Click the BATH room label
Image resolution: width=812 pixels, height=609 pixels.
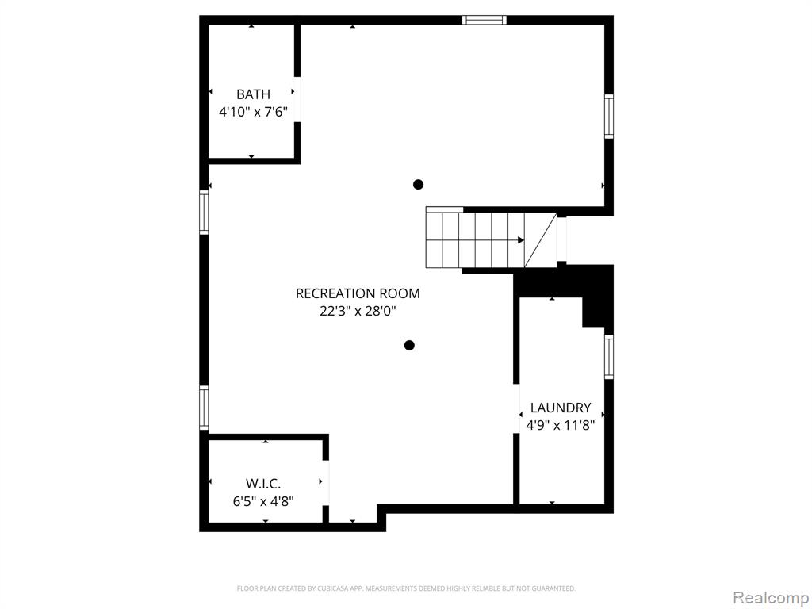pyautogui.click(x=253, y=94)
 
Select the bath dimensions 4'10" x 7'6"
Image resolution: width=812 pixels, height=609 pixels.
pyautogui.click(x=253, y=112)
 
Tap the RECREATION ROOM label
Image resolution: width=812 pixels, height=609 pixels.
pyautogui.click(x=358, y=293)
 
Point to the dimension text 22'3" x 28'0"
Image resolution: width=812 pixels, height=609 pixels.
pyautogui.click(x=358, y=311)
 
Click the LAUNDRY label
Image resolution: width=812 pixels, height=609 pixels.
pyautogui.click(x=561, y=408)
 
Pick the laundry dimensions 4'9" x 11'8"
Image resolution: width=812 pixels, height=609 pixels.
pyautogui.click(x=561, y=426)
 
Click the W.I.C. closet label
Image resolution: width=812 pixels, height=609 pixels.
pyautogui.click(x=263, y=484)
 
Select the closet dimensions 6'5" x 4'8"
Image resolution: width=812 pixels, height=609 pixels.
pyautogui.click(x=263, y=501)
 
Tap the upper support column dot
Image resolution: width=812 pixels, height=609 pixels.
pyautogui.click(x=419, y=184)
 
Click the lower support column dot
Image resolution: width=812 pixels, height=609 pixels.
pyautogui.click(x=409, y=346)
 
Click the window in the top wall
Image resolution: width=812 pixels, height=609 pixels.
pyautogui.click(x=485, y=20)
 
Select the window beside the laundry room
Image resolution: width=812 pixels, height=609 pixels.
pyautogui.click(x=609, y=357)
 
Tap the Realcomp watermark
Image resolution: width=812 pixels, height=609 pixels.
pyautogui.click(x=772, y=598)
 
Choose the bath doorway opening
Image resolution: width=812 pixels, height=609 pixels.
pyautogui.click(x=297, y=99)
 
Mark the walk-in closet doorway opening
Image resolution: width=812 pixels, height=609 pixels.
pyautogui.click(x=326, y=483)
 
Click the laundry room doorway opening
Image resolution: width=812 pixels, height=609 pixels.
pyautogui.click(x=516, y=408)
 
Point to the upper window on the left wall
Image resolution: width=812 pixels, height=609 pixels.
pyautogui.click(x=204, y=213)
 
